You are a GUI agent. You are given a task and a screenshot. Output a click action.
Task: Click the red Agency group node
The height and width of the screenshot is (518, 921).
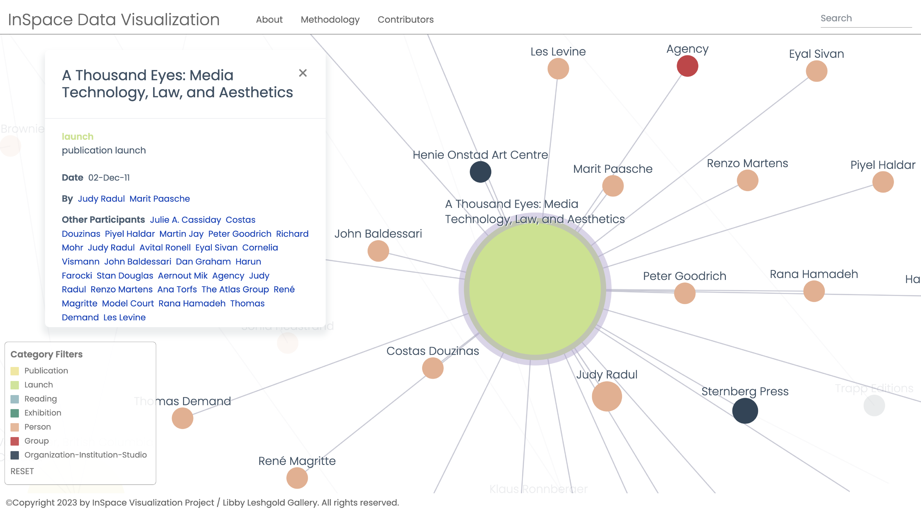(x=687, y=66)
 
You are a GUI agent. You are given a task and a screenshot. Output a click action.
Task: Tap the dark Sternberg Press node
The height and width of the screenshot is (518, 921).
(x=745, y=411)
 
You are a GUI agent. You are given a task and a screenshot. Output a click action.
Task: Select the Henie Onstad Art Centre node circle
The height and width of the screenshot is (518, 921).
(x=480, y=172)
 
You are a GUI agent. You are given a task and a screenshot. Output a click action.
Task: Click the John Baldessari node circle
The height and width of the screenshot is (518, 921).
(x=378, y=251)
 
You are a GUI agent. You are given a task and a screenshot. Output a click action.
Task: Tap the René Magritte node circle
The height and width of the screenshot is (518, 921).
(x=297, y=478)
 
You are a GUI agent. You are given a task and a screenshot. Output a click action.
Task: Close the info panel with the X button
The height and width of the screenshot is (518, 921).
(x=303, y=73)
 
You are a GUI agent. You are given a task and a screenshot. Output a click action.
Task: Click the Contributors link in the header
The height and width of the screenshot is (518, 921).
(x=405, y=20)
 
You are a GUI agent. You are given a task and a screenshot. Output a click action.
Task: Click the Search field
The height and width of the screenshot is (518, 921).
(x=865, y=19)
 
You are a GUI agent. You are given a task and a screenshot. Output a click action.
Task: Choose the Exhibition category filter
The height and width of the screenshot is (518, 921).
(x=43, y=413)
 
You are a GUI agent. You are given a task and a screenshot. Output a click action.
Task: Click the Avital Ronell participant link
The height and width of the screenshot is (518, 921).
(x=165, y=248)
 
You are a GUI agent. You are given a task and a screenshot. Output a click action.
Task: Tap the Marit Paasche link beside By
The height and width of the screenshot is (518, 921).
(x=159, y=199)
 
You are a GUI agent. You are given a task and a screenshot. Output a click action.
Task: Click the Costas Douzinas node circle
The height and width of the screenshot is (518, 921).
(x=433, y=368)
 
